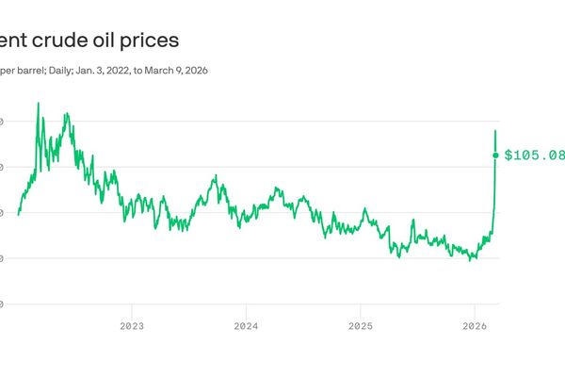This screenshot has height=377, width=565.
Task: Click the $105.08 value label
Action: tap(534, 156)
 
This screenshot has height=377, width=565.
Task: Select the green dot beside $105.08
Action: tap(496, 156)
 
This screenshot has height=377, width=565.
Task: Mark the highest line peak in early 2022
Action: tap(38, 103)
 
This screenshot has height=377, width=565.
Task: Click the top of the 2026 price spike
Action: tap(496, 130)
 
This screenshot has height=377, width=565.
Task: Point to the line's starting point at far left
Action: tap(18, 215)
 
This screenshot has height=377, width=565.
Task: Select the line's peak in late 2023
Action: tap(216, 175)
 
